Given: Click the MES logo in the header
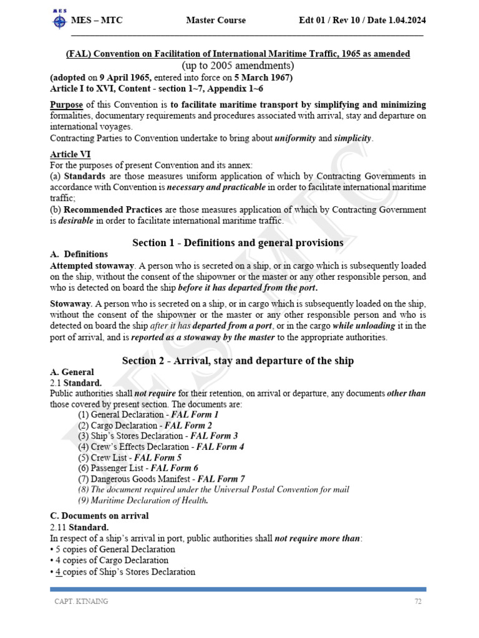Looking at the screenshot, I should pyautogui.click(x=59, y=20).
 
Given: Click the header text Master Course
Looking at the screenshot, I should pyautogui.click(x=216, y=21).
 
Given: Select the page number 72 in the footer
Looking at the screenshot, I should pyautogui.click(x=419, y=601).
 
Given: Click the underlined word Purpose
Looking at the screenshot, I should pyautogui.click(x=66, y=105).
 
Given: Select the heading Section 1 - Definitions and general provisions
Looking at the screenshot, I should pyautogui.click(x=238, y=242).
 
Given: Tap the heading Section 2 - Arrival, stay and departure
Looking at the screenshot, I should pyautogui.click(x=238, y=361).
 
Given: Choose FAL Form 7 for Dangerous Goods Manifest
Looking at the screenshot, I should pyautogui.click(x=221, y=478).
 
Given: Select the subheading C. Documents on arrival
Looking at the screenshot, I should pyautogui.click(x=99, y=517).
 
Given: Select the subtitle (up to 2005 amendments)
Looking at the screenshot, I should pyautogui.click(x=238, y=65).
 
